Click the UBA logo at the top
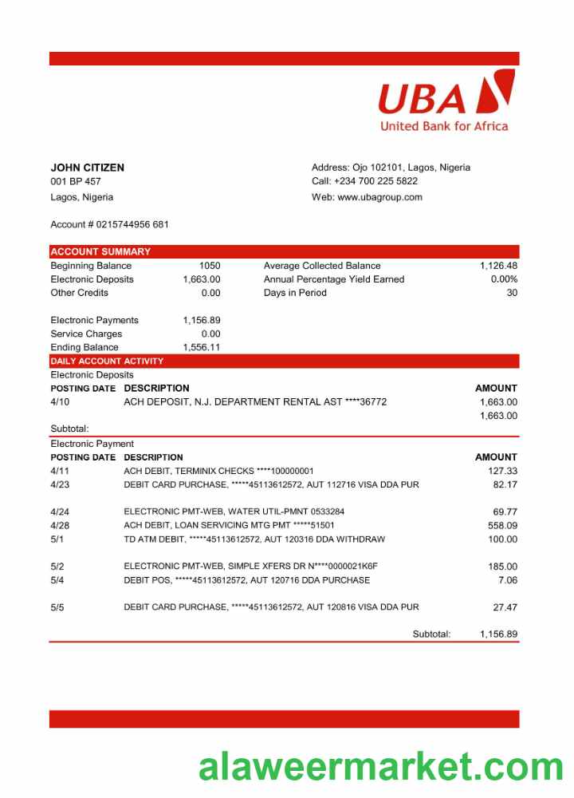point(445,100)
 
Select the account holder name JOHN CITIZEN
point(87,168)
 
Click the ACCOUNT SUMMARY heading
point(100,251)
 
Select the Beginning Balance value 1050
point(210,266)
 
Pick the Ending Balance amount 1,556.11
point(202,347)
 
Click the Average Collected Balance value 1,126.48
point(498,266)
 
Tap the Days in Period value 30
point(512,293)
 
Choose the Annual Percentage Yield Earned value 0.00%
point(504,279)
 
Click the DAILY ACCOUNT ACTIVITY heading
point(107,361)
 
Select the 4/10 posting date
point(60,402)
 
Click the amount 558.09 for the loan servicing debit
point(502,525)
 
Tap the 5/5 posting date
point(57,607)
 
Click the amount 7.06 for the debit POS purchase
point(507,580)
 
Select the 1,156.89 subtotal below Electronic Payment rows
point(498,634)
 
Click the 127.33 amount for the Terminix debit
point(502,471)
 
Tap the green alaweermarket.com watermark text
point(381,767)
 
